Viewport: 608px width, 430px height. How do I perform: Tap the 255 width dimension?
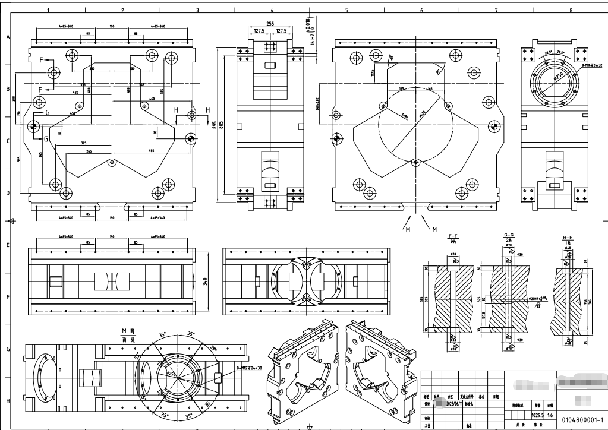[x=270, y=24]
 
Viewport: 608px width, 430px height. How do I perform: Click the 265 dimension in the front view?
[x=89, y=151]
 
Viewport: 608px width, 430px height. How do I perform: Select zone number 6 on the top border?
[x=421, y=10]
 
